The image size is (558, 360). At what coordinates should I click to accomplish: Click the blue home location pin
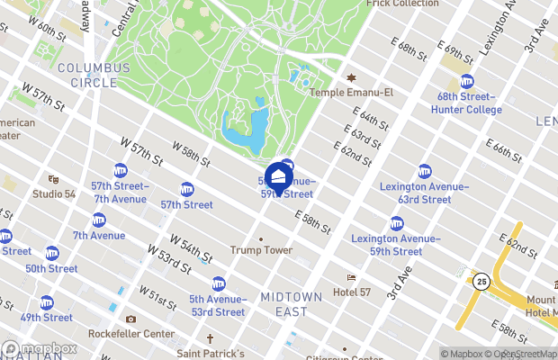click(x=279, y=177)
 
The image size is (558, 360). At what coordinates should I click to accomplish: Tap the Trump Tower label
click(x=261, y=250)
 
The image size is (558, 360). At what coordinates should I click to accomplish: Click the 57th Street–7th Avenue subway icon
click(x=121, y=171)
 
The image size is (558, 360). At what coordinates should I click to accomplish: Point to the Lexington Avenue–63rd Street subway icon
click(x=425, y=172)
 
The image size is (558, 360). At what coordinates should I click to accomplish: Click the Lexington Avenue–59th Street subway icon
click(x=396, y=224)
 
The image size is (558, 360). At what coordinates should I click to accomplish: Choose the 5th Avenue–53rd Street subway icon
click(x=218, y=283)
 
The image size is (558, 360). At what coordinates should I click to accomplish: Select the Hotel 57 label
click(x=358, y=292)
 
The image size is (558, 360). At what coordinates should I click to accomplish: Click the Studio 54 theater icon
click(x=53, y=179)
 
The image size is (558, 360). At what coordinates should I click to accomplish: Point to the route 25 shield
click(x=482, y=282)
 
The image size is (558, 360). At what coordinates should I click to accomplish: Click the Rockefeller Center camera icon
click(x=131, y=319)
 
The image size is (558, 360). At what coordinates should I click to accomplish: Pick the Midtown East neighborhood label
click(x=296, y=304)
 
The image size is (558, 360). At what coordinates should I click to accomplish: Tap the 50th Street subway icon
click(x=52, y=254)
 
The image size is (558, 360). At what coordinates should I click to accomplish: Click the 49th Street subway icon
click(x=47, y=302)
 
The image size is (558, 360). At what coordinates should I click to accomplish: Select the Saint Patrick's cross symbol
click(x=210, y=339)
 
